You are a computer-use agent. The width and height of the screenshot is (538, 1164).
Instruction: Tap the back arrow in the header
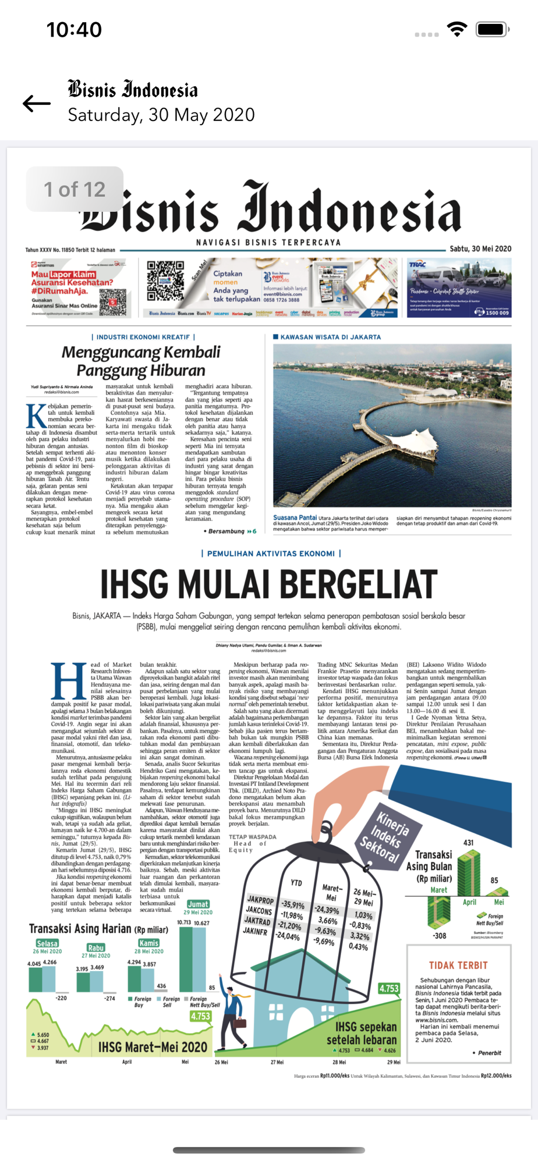click(x=37, y=104)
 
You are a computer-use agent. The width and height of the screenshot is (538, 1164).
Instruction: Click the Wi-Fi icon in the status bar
click(x=458, y=29)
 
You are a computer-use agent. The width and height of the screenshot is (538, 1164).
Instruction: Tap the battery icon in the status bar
click(x=492, y=29)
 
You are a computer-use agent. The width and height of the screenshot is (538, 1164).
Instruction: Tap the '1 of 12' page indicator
click(x=75, y=189)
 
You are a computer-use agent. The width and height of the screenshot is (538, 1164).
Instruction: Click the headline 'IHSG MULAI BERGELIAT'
click(x=268, y=584)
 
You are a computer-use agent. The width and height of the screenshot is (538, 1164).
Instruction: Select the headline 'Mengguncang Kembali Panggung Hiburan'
click(x=141, y=361)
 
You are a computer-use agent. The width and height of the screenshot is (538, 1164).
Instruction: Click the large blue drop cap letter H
click(x=69, y=681)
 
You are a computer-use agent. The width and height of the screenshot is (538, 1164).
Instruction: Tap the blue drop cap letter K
click(x=36, y=416)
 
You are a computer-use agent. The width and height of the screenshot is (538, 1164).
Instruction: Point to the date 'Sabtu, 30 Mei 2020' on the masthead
click(x=480, y=249)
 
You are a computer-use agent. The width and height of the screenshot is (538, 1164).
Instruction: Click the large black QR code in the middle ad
click(x=165, y=280)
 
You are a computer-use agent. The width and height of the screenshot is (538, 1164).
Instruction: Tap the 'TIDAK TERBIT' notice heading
click(x=458, y=966)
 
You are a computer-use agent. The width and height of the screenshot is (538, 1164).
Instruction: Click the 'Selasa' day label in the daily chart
click(x=47, y=943)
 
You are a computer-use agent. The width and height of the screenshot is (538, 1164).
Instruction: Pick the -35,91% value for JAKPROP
click(x=293, y=905)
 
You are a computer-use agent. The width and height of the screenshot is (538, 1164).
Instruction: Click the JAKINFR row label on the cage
click(x=254, y=931)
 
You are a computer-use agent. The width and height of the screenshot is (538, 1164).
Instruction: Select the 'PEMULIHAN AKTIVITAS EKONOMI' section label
click(x=271, y=553)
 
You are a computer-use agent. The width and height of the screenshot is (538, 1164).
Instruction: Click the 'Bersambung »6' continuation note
click(x=232, y=531)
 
